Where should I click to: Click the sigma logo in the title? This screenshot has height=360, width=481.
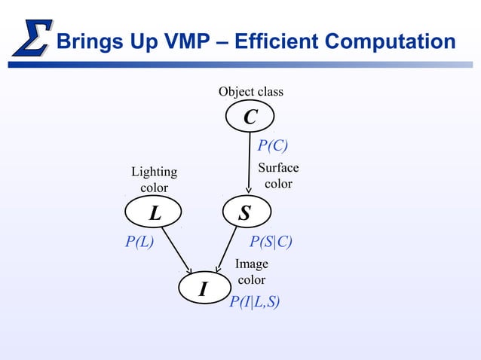coord(32,38)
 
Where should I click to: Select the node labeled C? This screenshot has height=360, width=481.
coord(250,117)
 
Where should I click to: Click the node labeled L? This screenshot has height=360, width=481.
coord(155,213)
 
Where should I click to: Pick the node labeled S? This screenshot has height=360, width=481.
coord(245,213)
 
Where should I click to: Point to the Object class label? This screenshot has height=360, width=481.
coord(251,92)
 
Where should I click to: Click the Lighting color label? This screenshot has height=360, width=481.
coord(154,180)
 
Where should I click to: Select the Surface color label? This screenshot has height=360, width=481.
coord(278,175)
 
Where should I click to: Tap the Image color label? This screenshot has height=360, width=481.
coord(252,272)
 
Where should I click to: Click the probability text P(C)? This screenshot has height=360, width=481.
coord(273,145)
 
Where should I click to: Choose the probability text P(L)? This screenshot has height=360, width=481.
coord(139,242)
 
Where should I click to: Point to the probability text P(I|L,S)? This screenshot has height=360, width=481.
coord(255,303)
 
